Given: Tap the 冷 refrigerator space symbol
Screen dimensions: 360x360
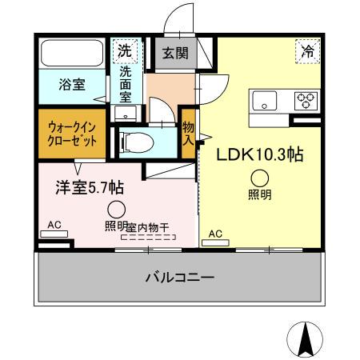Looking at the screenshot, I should coord(306,50).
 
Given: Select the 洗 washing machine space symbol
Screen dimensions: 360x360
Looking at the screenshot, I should coord(125,50).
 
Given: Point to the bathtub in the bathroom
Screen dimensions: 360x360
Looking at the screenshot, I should coord(73,54).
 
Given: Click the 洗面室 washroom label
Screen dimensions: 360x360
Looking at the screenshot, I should coord(126,82).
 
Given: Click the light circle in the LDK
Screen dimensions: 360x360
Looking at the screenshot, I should coord(259,179).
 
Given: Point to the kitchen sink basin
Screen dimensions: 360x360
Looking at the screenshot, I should coord(265,101).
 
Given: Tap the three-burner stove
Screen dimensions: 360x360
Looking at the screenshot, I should coord(306,101).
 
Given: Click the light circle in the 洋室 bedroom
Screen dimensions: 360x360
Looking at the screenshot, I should coord(117,210).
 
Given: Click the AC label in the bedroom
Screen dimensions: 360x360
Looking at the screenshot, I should coord(54,225).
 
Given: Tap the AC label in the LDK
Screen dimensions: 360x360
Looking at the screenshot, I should coord(214,234).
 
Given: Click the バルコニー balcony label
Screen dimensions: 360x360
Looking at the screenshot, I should coord(178,278).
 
